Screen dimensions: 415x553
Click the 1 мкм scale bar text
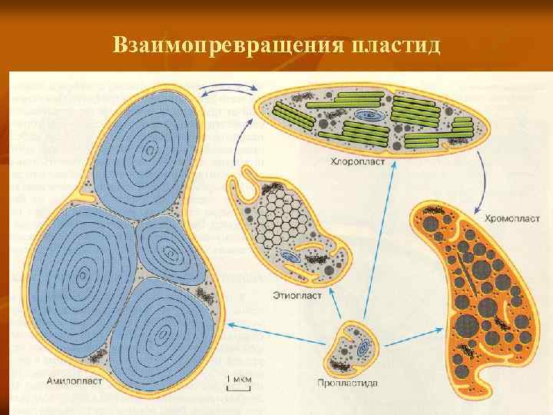[238, 378]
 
